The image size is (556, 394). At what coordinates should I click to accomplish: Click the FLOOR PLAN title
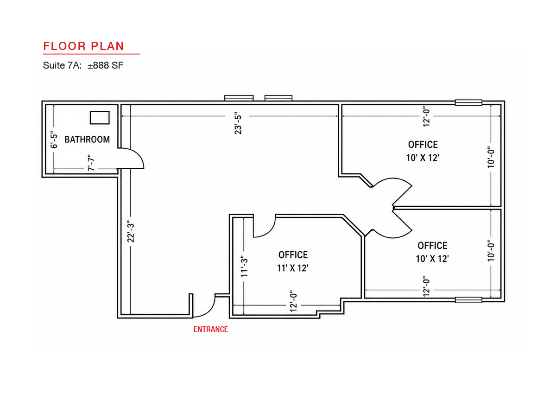click(83, 46)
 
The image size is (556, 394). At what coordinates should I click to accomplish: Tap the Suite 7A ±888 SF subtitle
click(83, 65)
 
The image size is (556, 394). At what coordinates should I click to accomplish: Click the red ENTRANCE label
click(211, 329)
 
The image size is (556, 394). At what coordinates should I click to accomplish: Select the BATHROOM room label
click(87, 140)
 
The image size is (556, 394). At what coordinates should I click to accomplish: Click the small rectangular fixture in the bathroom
click(100, 118)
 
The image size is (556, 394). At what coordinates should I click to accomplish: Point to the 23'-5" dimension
click(238, 124)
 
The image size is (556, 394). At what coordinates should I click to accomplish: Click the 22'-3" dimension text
click(131, 231)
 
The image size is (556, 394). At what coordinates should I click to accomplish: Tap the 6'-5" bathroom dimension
click(54, 140)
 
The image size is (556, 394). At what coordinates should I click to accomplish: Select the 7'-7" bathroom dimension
click(91, 163)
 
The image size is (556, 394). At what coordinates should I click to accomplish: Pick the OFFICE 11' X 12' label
click(293, 261)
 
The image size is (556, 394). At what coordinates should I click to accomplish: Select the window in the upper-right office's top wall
click(468, 102)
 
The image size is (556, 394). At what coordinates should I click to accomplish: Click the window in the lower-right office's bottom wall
click(468, 300)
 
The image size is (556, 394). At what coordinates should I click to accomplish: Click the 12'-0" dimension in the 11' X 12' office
click(293, 301)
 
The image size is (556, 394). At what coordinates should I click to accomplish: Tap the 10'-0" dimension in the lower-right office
click(491, 250)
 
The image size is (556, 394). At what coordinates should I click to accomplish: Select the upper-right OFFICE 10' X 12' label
click(423, 151)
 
